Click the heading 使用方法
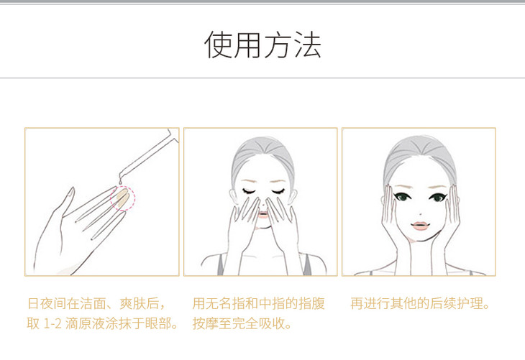(262, 44)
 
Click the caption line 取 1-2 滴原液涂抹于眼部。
(102, 323)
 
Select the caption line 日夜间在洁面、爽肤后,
(96, 303)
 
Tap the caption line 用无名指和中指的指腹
(258, 303)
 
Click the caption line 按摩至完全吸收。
(242, 323)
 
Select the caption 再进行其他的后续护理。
(420, 303)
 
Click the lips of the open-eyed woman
(419, 226)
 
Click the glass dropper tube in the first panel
(149, 154)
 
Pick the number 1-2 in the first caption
(52, 324)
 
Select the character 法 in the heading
(308, 45)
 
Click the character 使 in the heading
(218, 45)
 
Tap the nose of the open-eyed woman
(421, 213)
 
